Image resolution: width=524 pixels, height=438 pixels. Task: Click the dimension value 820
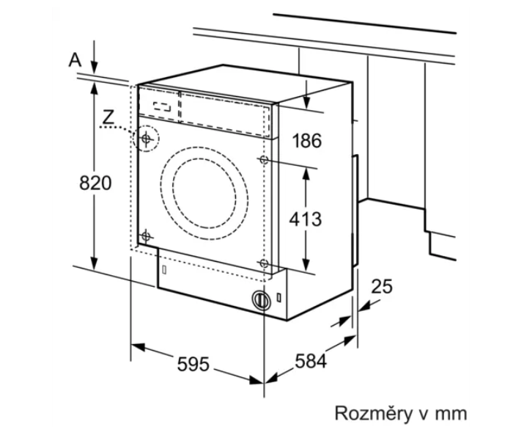click(95, 183)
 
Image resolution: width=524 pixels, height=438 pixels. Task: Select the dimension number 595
click(193, 363)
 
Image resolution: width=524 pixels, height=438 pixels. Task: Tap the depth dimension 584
click(310, 361)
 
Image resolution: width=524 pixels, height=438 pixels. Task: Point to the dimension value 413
click(306, 219)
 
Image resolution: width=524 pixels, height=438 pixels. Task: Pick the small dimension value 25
click(381, 287)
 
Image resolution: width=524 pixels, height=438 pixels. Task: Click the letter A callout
click(74, 60)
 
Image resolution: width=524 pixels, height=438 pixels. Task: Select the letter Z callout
click(108, 116)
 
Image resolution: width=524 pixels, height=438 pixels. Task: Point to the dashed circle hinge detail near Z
click(147, 137)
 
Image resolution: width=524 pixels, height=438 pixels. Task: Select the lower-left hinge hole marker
click(146, 236)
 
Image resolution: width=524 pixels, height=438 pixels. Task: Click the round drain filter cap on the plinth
click(260, 299)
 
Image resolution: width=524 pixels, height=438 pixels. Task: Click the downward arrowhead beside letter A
click(95, 66)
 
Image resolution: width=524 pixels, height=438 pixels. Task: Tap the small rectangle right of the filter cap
click(280, 299)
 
